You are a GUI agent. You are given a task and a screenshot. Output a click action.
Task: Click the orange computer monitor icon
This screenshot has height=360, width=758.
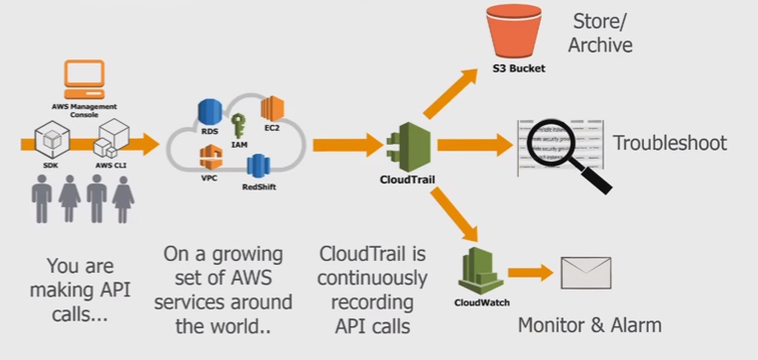83,77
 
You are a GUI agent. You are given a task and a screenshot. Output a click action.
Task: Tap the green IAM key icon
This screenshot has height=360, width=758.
238,127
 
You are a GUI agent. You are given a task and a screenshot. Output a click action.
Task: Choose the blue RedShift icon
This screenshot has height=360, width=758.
258,166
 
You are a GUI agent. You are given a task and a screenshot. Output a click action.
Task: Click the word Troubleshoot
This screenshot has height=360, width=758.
669,143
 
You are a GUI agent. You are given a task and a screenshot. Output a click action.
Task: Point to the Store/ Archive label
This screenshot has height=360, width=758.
601,33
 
